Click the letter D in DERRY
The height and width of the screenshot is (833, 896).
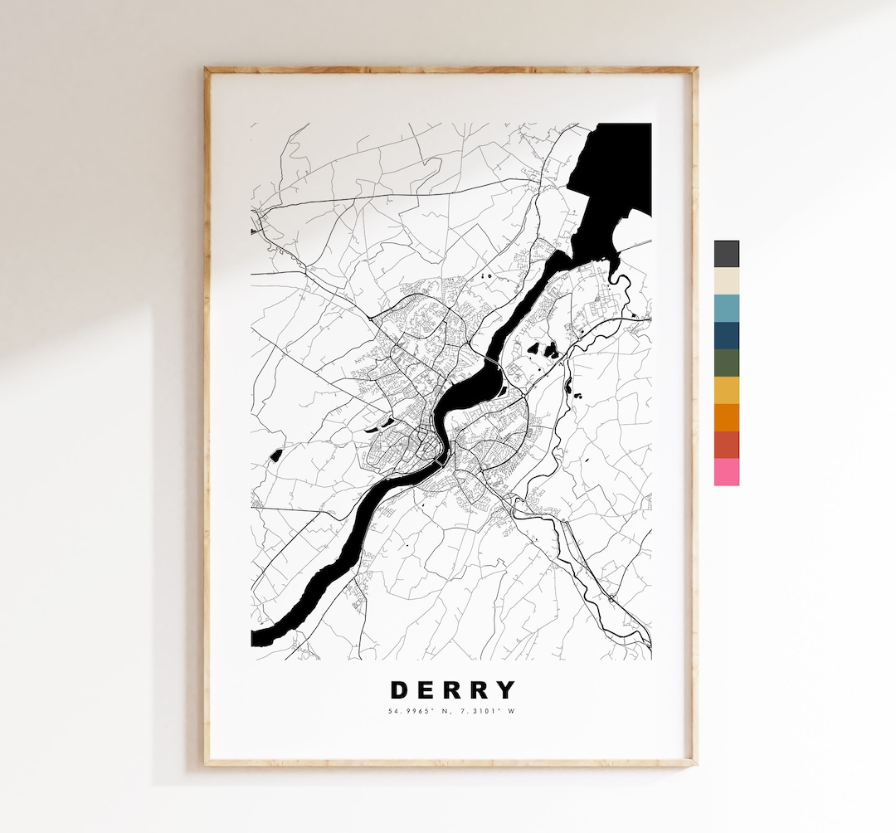399,690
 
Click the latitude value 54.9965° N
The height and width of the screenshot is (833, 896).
419,711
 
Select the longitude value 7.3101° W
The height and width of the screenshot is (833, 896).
485,711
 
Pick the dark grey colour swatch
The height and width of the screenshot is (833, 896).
727,254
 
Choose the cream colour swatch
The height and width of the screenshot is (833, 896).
727,280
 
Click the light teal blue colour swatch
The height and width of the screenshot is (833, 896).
727,308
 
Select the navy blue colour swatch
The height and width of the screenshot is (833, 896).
727,335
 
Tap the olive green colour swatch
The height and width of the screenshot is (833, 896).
727,363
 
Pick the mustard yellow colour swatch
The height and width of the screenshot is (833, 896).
727,390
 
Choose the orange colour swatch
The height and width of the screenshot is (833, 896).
727,417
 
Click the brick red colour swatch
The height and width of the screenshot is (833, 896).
727,445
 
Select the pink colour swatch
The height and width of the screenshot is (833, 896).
727,472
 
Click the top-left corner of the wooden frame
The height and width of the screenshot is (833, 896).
207,70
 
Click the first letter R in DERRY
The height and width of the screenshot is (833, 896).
453,690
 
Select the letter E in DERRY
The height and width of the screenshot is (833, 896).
426,690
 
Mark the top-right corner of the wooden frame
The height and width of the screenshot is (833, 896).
694,70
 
